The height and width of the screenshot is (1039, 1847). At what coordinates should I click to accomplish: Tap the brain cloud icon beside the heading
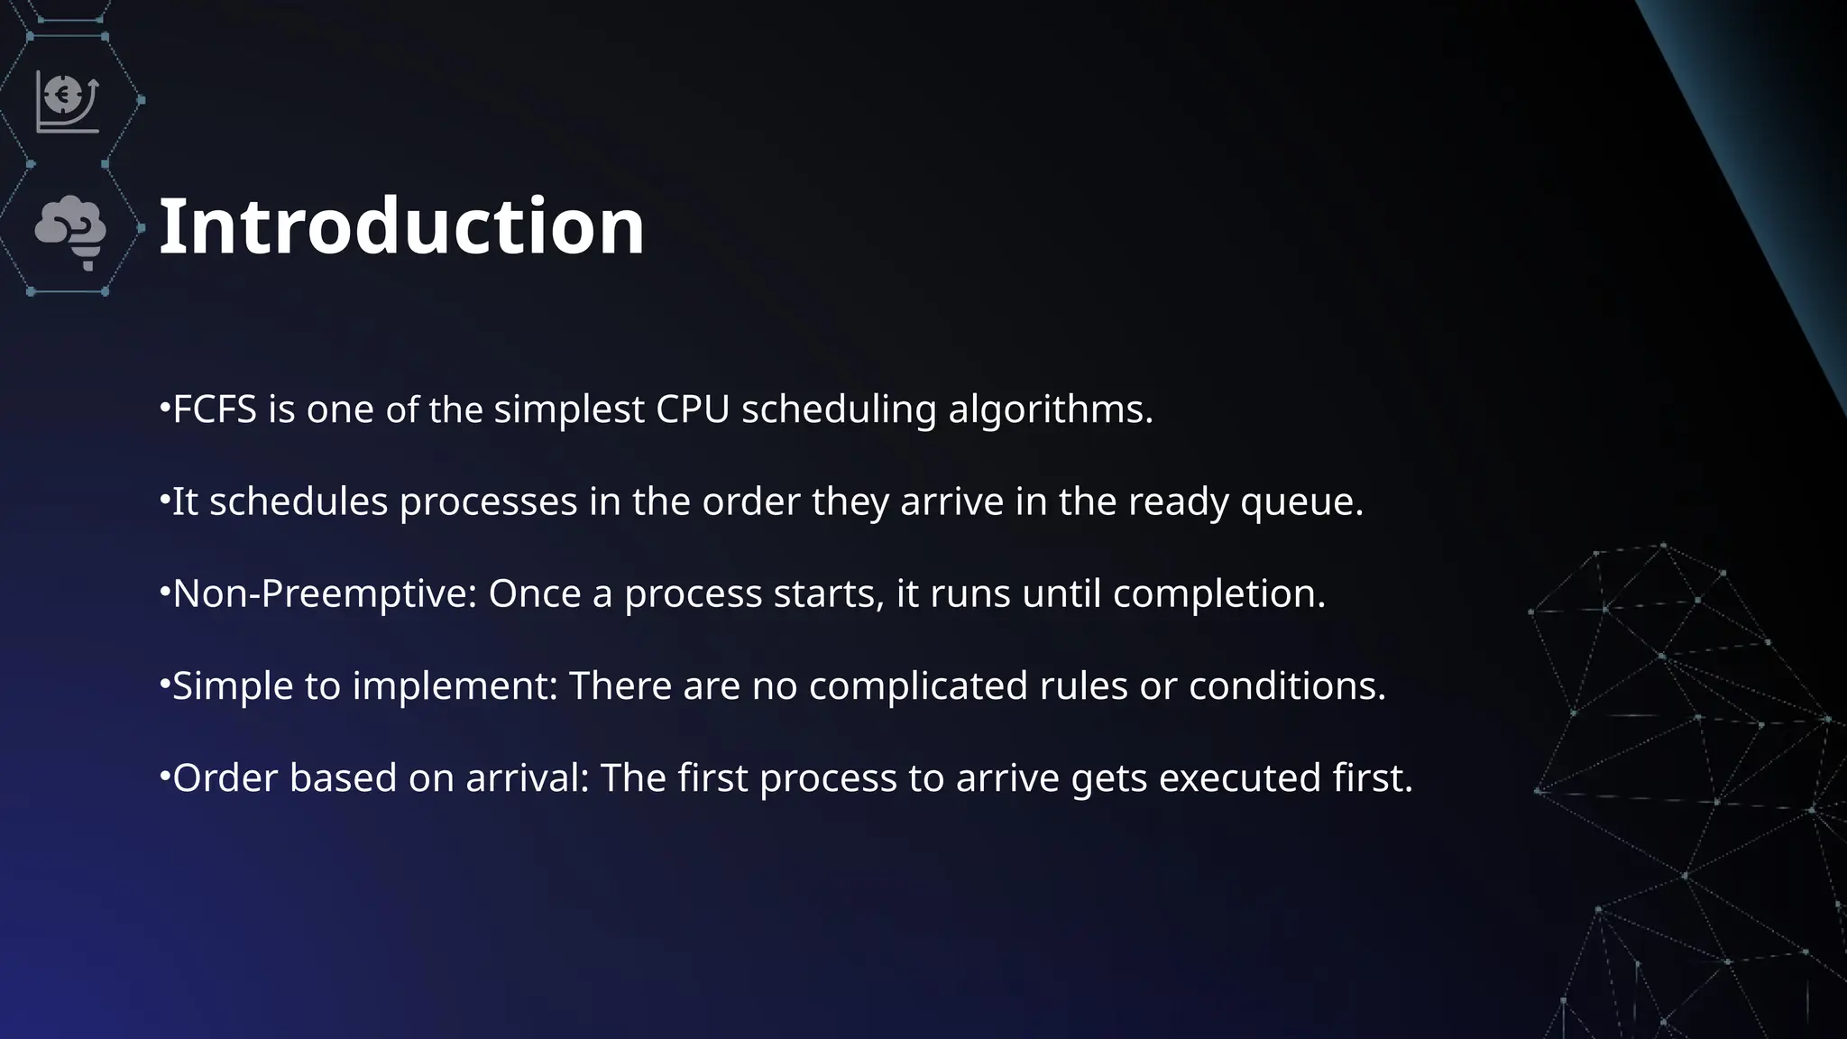pos(71,231)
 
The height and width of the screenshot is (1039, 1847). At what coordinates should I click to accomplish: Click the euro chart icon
pos(68,102)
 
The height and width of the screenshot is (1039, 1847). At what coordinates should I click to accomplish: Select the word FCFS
pos(215,410)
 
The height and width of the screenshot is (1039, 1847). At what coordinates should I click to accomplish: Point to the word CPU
pos(693,410)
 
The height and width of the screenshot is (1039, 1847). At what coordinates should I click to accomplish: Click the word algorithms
pos(1050,410)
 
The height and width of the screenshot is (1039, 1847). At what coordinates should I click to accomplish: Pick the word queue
pos(1301,502)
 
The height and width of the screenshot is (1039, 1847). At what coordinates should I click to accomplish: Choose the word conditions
pos(1286,687)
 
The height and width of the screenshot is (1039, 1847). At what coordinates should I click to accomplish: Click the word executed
pos(1239,778)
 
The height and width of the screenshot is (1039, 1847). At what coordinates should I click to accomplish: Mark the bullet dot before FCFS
pos(164,408)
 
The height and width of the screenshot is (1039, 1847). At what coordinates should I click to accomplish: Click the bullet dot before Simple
pos(164,684)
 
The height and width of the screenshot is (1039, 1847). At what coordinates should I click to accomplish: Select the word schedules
pos(299,502)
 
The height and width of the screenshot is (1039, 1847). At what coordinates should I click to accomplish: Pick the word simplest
pos(569,410)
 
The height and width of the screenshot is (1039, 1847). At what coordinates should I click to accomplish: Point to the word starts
pos(829,594)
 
